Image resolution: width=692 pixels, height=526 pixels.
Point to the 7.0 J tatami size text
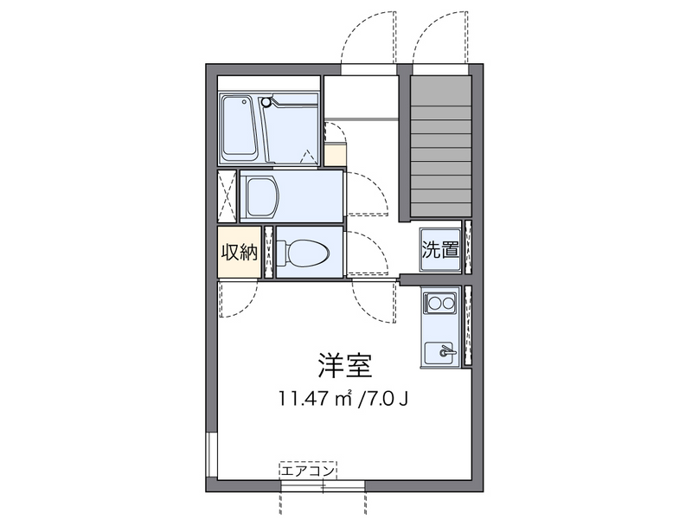383,399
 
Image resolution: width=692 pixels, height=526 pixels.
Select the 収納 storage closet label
238,253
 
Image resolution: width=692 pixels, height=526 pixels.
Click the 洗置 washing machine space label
439,251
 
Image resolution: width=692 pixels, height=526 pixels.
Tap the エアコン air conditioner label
307,471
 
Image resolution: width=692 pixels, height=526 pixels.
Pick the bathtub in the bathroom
240,128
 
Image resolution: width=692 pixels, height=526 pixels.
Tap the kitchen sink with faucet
441,353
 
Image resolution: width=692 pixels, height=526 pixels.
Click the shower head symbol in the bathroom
266,101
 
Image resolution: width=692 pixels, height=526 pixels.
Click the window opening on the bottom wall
323,489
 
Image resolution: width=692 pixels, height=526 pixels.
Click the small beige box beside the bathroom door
335,154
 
